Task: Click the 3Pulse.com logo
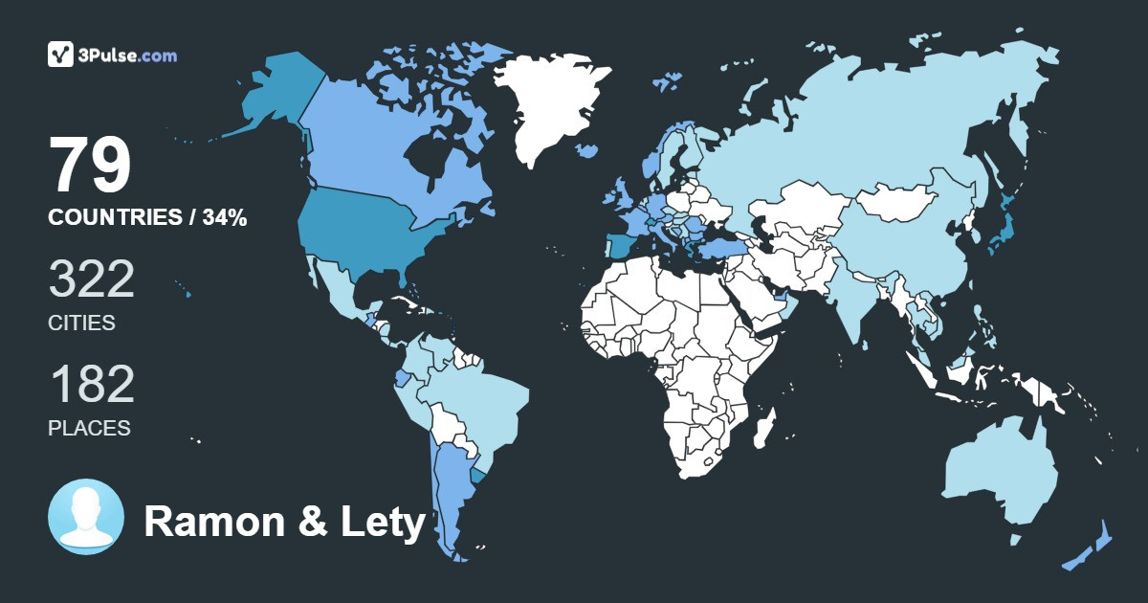[x=112, y=55]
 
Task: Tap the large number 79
[x=90, y=166]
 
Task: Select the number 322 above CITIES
[x=91, y=279]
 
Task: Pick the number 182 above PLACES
[x=91, y=385]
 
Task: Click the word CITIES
[x=81, y=324]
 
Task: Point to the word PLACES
[x=89, y=428]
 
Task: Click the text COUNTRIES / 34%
[x=147, y=218]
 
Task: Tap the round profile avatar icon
[x=86, y=517]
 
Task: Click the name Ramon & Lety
[x=284, y=523]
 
